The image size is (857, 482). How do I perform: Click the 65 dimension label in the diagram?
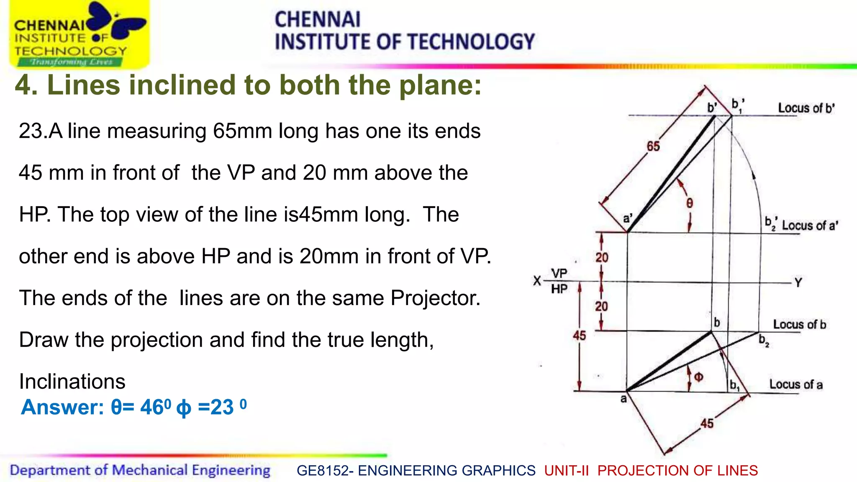653,146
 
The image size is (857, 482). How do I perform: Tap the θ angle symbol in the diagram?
690,203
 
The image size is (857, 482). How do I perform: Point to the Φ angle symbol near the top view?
698,377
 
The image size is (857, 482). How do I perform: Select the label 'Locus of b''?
806,108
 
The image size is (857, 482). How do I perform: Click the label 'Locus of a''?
810,226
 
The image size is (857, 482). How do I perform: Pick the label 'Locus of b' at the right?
799,324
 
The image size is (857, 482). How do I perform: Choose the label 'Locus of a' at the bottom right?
795,385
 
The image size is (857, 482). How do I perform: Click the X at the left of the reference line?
537,281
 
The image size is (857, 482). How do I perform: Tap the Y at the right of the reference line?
798,283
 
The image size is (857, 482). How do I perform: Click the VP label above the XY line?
559,274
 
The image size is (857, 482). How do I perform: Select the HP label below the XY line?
559,289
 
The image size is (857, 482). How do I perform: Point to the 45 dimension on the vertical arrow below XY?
579,336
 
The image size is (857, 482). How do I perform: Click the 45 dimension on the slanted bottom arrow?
707,423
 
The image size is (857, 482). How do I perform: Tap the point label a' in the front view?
628,219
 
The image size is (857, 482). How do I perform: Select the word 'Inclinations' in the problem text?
72,382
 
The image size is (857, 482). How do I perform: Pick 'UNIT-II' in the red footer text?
566,471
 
